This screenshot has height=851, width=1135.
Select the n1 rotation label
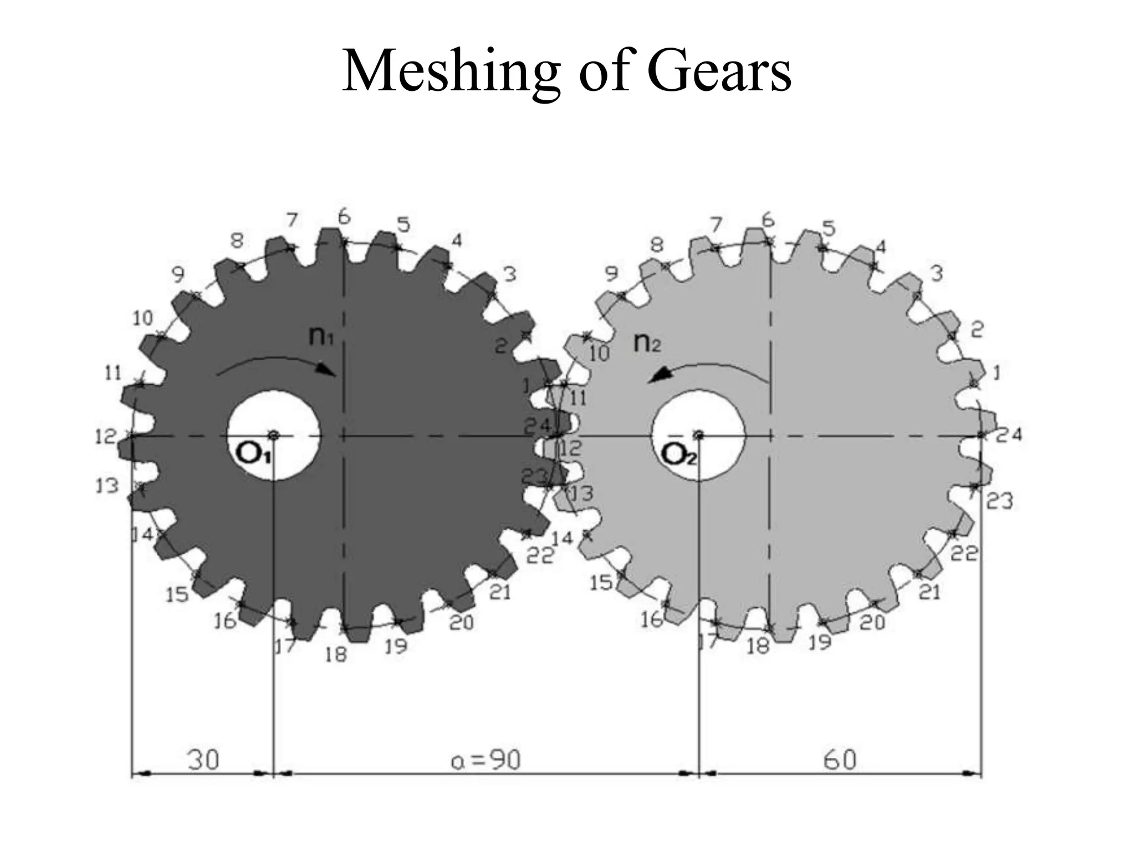(321, 335)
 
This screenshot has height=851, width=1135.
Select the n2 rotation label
(647, 343)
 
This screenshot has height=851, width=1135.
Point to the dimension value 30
(203, 760)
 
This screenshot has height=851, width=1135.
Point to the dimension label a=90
(486, 760)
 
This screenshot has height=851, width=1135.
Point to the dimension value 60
(840, 760)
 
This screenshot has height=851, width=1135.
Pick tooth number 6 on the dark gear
(344, 217)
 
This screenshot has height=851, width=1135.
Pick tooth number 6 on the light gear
(768, 220)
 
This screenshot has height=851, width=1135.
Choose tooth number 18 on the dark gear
(335, 655)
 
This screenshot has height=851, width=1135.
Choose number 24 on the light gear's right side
(1009, 435)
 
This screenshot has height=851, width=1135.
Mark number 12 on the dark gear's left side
(105, 437)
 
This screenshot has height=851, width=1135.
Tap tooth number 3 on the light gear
(936, 273)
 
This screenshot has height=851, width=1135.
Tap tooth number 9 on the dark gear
(178, 274)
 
